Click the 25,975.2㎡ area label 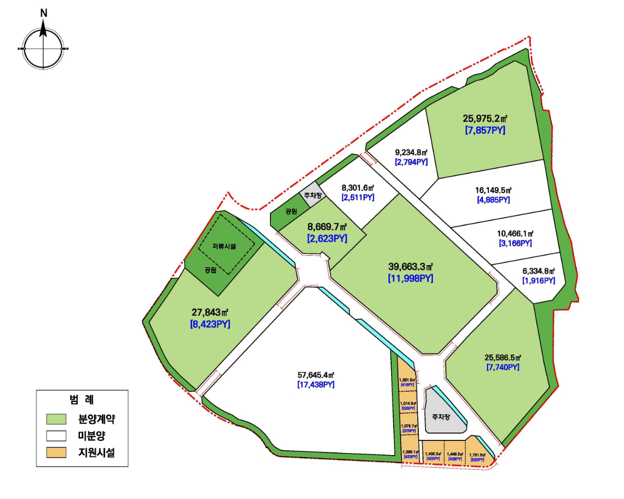click(x=485, y=118)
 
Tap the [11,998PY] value click(x=410, y=279)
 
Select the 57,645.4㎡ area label click(x=316, y=375)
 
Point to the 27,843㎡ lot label click(x=210, y=312)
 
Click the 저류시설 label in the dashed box click(x=224, y=246)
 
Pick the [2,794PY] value click(x=411, y=163)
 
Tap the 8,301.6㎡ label click(x=358, y=187)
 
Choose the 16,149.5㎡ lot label click(x=493, y=190)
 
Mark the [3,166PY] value click(x=515, y=244)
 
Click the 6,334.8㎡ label click(x=538, y=271)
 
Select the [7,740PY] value click(x=503, y=368)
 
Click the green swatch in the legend click(x=56, y=419)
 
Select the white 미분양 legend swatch click(x=56, y=435)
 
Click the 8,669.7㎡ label click(x=327, y=228)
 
